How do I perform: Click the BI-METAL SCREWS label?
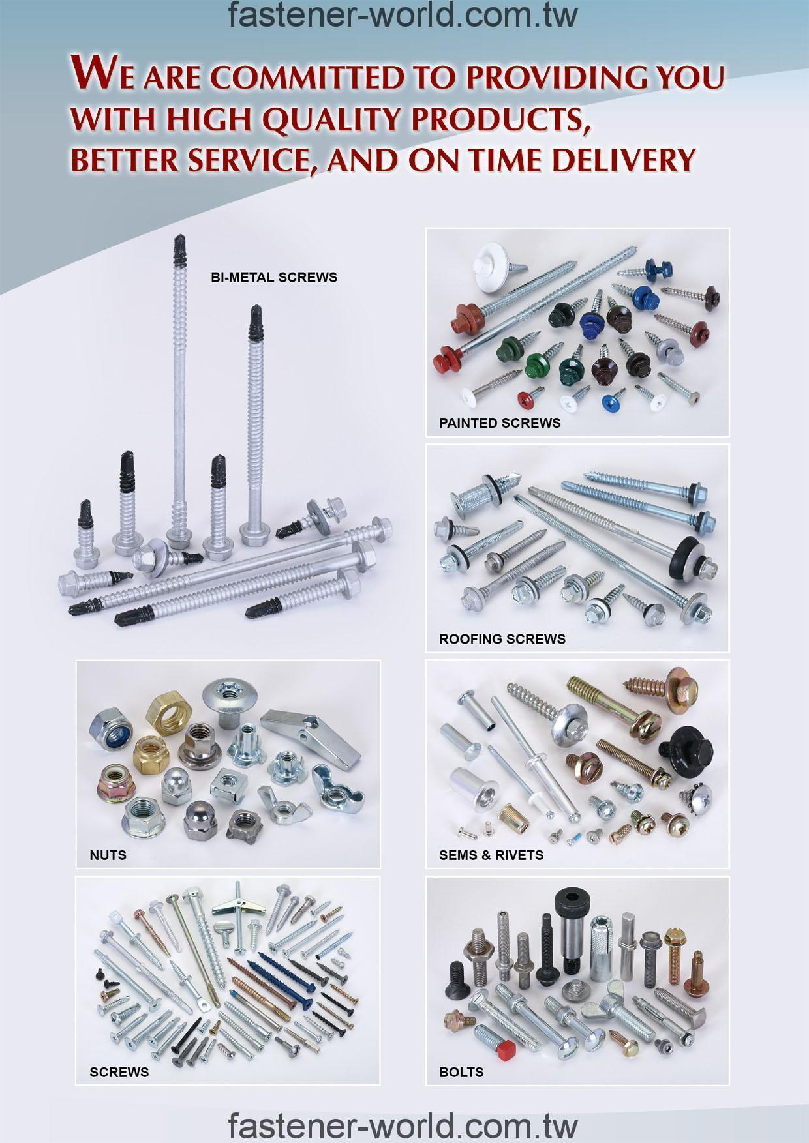pyautogui.click(x=274, y=277)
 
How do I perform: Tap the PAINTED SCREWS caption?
pyautogui.click(x=500, y=423)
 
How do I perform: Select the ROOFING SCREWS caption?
pyautogui.click(x=502, y=639)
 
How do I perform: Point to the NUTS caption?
pyautogui.click(x=108, y=855)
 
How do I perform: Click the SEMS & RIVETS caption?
pyautogui.click(x=491, y=855)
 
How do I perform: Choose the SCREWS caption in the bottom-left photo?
pyautogui.click(x=119, y=1072)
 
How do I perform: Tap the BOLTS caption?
pyautogui.click(x=461, y=1072)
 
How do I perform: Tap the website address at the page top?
pyautogui.click(x=403, y=16)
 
